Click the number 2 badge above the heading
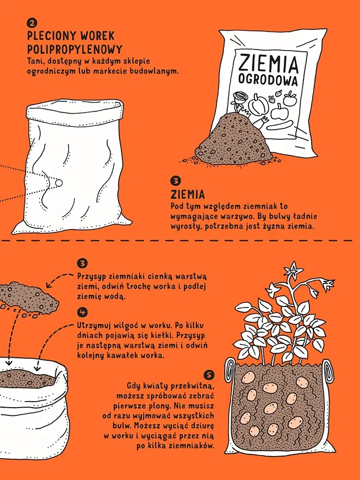coord(32,23)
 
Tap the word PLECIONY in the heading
coord(51,36)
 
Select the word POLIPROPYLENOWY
coord(75,50)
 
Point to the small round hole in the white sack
coord(59,183)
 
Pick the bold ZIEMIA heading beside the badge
coord(188,194)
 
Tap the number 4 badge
coord(82,312)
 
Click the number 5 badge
coord(209,374)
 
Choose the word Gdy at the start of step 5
coord(133,385)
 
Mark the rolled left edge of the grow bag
coord(231,370)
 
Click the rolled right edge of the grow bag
coord(328,371)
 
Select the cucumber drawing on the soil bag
coord(280,125)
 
